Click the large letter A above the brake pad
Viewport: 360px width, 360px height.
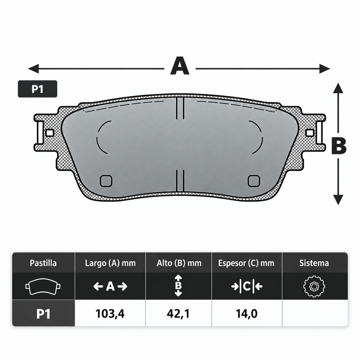point(180,66)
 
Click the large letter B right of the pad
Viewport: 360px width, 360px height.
point(339,146)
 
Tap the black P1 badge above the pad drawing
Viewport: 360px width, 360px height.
point(38,89)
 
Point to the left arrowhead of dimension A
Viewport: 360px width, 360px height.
point(33,68)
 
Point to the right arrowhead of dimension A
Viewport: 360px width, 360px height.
point(325,68)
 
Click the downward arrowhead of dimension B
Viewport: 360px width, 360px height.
point(338,199)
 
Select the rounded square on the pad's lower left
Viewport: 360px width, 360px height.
point(106,181)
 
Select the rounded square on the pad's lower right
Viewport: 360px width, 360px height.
point(254,181)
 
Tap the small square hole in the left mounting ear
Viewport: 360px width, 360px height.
point(50,133)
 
